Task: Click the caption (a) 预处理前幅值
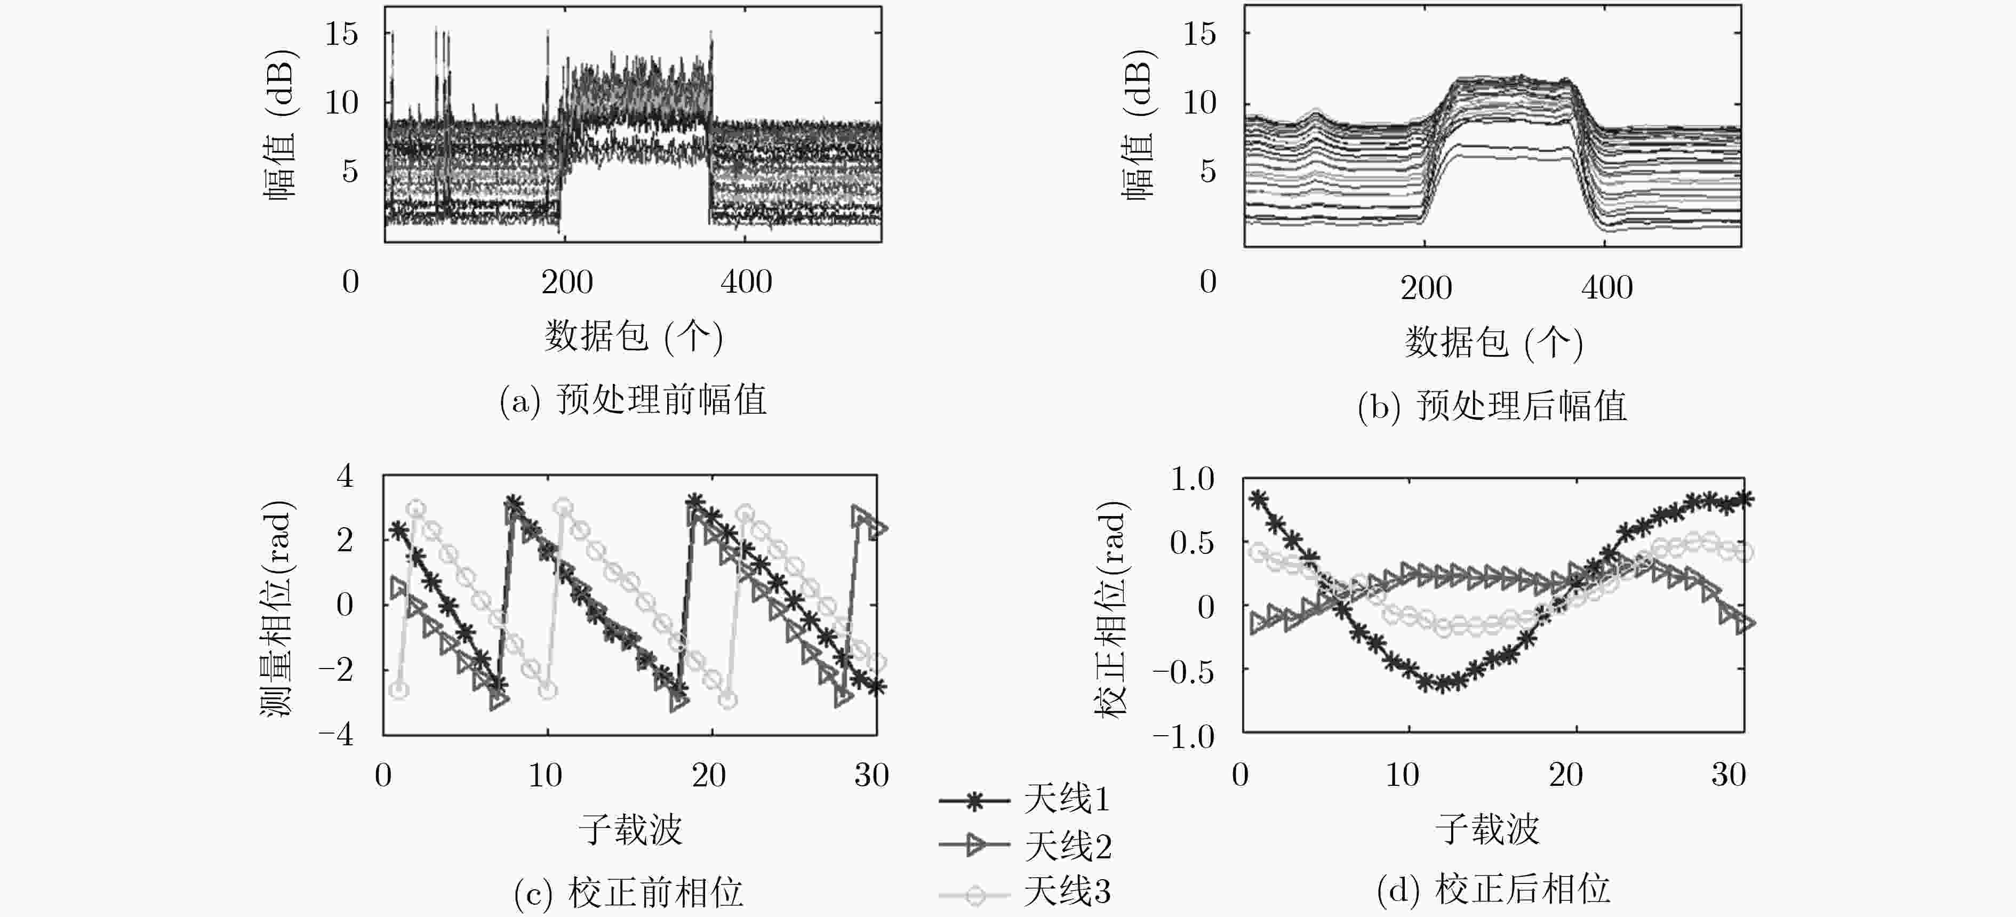coord(633,400)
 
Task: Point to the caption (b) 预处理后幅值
coord(1492,406)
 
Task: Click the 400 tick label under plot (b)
coord(1607,288)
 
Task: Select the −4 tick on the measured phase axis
coord(336,735)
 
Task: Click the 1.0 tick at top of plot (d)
coord(1192,479)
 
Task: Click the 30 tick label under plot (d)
coord(1728,775)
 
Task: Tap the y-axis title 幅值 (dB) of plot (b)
coord(1138,125)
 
